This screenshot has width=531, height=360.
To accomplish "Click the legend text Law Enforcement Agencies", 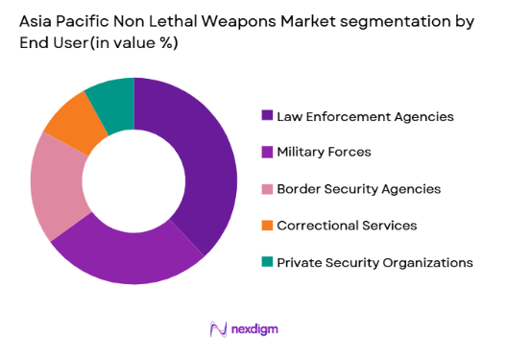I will [x=365, y=116].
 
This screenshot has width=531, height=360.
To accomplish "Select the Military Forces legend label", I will [x=324, y=152].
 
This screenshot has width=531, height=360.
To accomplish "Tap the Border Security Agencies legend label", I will [x=358, y=188].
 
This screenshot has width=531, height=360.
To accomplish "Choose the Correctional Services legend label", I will [x=347, y=225].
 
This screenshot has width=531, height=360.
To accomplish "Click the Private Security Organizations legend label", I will [x=374, y=261].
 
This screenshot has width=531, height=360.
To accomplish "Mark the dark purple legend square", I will [x=266, y=116].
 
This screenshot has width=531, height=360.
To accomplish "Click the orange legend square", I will [x=266, y=225].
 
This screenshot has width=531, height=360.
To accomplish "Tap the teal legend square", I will [x=266, y=261].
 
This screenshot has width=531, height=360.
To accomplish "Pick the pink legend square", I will [x=266, y=188].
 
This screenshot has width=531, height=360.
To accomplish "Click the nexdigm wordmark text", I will [x=254, y=329].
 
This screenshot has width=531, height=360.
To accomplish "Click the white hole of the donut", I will [x=133, y=181].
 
